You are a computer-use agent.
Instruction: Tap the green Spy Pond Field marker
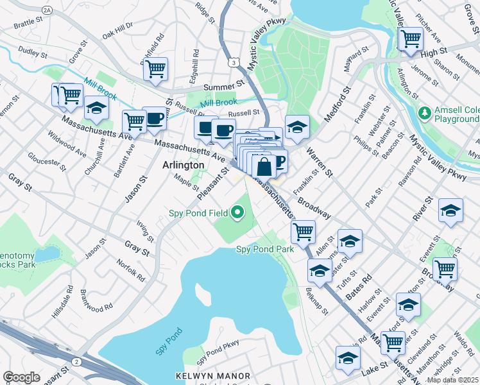(238, 211)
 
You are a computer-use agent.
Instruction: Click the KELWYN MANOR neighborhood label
(207, 375)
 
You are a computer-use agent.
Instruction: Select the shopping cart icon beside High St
(410, 38)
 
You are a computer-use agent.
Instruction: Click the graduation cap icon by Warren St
(297, 126)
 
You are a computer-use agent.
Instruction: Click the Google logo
(21, 377)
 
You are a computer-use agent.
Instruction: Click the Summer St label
(225, 85)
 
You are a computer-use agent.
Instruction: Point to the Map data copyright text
(452, 380)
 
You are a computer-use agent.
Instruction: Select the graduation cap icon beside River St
(450, 210)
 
